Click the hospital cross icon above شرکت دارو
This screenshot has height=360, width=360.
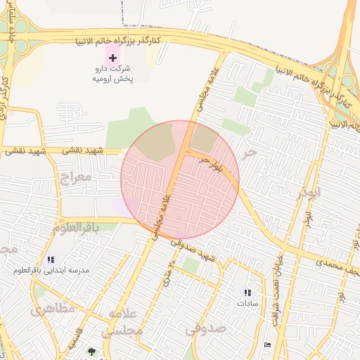click(112, 56)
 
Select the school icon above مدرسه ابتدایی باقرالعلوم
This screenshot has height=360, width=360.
click(50, 259)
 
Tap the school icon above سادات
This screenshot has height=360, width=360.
click(247, 292)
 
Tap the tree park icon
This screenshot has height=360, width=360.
click(90, 352)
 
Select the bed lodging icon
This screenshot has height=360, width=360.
click(267, 345)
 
